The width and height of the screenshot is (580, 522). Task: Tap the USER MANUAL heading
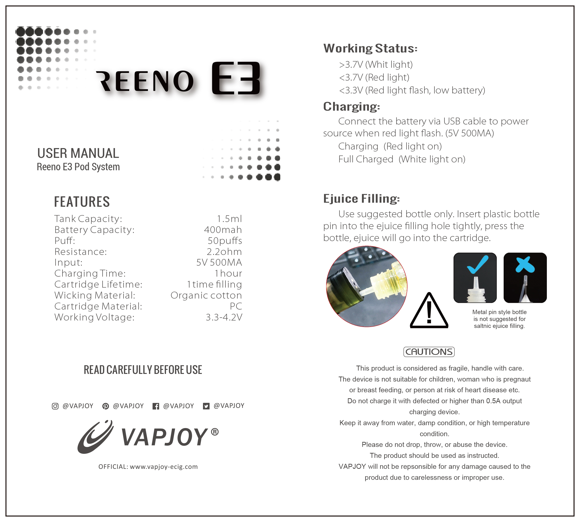coord(78,153)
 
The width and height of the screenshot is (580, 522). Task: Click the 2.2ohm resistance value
coord(224,252)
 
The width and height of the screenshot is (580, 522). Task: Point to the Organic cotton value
coord(206,295)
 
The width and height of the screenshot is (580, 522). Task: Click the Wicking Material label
coord(95,295)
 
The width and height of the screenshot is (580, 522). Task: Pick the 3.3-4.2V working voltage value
coord(224,317)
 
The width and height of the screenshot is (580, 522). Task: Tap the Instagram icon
coord(55,406)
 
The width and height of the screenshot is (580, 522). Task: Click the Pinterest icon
coord(106,406)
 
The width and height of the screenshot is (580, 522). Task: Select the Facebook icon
coord(156,406)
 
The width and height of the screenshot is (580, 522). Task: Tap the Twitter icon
coord(206,406)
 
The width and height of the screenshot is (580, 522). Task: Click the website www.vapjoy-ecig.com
coord(164,467)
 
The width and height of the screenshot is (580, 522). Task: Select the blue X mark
coord(525,265)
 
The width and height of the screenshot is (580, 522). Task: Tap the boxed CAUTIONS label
coord(429,352)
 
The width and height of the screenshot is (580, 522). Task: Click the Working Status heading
coord(370,48)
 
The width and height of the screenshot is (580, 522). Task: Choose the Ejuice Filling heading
coord(361,198)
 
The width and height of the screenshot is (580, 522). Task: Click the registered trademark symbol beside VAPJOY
coord(215,432)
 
